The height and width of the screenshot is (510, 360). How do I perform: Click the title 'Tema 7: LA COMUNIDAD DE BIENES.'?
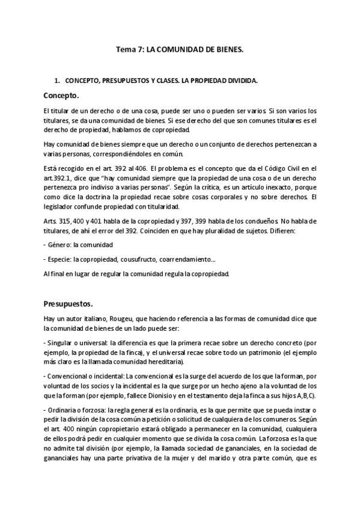click(180, 52)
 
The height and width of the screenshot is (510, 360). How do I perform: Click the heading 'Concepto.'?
click(62, 96)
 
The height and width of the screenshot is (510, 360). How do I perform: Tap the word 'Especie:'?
click(61, 259)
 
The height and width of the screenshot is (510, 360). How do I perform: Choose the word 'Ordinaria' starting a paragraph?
click(66, 410)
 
